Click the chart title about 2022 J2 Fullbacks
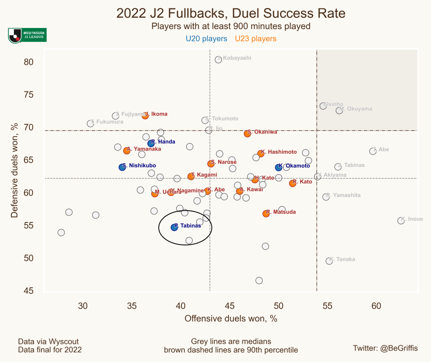point(231,13)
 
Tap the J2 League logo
point(27,35)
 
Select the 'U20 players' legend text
point(206,39)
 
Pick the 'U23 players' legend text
point(255,39)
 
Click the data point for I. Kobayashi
point(218,59)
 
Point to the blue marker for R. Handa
point(151,143)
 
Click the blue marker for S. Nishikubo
point(122,167)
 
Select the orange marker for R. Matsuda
point(266,214)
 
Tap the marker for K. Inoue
point(401,220)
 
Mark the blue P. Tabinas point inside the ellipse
point(174,227)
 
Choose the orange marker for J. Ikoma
point(145,115)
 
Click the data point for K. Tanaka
point(329,261)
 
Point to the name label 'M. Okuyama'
point(356,109)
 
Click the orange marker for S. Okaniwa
point(247,134)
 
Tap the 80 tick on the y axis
point(28,62)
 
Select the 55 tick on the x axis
point(327,306)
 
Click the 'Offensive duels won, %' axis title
point(231,319)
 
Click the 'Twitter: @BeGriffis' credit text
point(385,348)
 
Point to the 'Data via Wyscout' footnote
point(48,341)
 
